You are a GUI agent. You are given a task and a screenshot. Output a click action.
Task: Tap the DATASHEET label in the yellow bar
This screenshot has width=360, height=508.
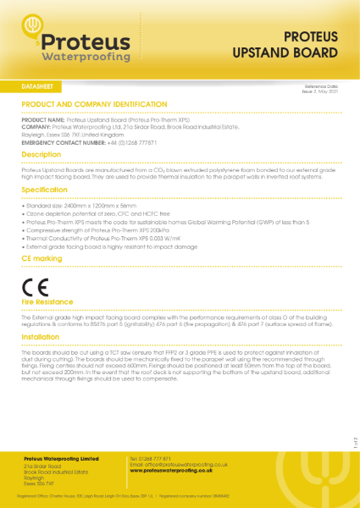click(40, 87)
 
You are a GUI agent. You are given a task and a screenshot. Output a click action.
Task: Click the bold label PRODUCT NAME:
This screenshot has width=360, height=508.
click(42, 121)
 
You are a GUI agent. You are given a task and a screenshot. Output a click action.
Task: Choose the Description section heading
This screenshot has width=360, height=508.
click(42, 156)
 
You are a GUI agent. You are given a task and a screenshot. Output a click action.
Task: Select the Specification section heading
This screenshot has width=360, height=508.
click(45, 191)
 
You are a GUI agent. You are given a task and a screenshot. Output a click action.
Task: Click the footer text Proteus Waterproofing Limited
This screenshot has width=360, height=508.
click(62, 458)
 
